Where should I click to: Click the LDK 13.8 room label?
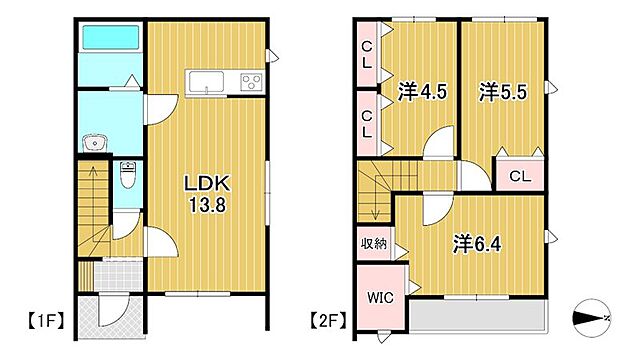point(207,193)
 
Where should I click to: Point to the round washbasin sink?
point(96,142)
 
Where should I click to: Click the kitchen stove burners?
point(250,82)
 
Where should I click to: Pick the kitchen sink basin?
point(208,82)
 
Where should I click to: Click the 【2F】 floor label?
point(327,321)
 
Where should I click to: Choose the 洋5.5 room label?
point(501,93)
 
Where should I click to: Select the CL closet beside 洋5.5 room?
point(519,177)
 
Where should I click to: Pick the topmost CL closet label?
point(368,53)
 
